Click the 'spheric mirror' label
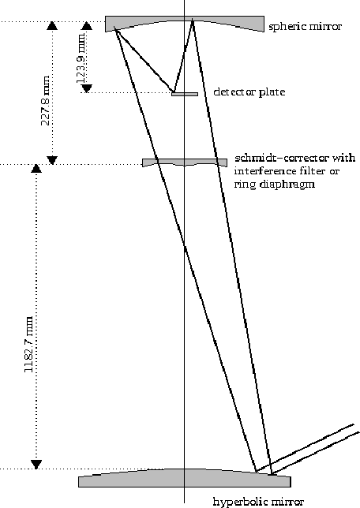[x=306, y=26]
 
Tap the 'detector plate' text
[x=249, y=92]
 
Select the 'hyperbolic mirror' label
[x=258, y=502]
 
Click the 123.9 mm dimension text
[x=81, y=57]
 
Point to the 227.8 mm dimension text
[x=46, y=100]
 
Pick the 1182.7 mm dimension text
[x=29, y=345]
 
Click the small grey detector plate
[x=185, y=95]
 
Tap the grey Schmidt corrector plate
[x=185, y=162]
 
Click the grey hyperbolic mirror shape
[x=185, y=479]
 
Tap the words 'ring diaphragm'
[x=275, y=185]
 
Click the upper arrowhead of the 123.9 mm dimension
[x=86, y=26]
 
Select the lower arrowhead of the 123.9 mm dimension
[x=87, y=88]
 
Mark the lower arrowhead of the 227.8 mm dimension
[x=53, y=160]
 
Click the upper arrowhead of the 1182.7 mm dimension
[x=36, y=169]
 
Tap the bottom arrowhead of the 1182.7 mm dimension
[x=36, y=465]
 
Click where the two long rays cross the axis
[x=185, y=247]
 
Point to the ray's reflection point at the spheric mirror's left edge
[x=114, y=29]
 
